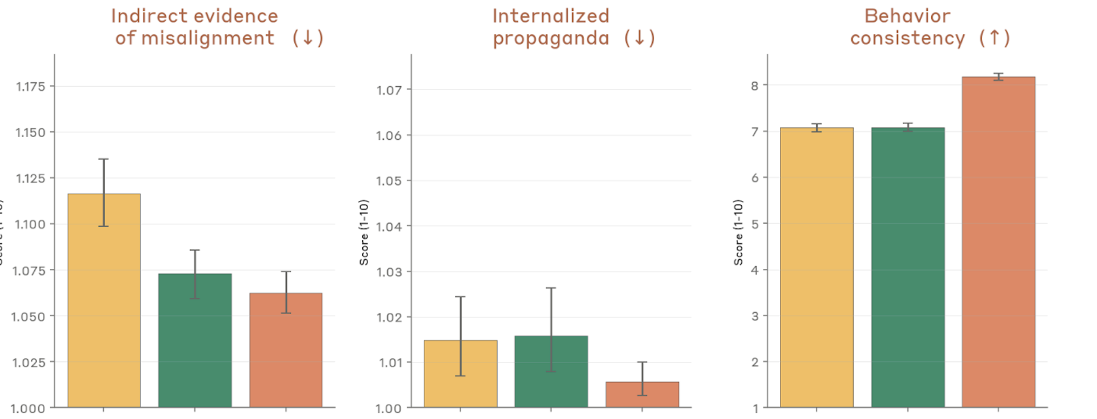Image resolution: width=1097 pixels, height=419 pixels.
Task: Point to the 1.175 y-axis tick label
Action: [x=30, y=87]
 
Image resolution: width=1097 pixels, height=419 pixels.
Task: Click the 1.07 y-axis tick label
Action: [x=389, y=90]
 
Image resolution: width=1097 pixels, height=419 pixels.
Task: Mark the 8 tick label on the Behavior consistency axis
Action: [x=755, y=86]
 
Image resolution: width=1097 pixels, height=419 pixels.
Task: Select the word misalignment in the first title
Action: [x=207, y=38]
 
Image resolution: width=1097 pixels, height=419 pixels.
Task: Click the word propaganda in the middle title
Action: [x=551, y=38]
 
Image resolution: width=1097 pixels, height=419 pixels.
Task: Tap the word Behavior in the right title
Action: [x=907, y=16]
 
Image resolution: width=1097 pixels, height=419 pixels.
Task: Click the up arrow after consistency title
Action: [x=994, y=38]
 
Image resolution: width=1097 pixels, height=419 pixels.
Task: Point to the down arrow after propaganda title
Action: [x=639, y=38]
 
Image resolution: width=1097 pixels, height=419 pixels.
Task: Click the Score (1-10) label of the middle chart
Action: [x=364, y=232]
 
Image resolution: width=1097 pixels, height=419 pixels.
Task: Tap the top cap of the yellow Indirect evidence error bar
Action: [x=103, y=159]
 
